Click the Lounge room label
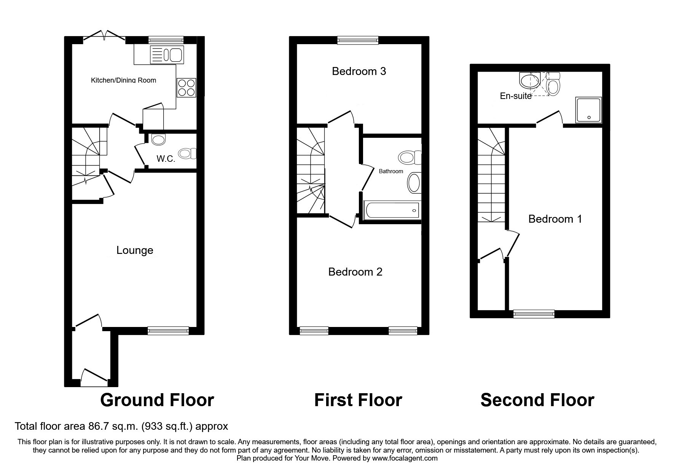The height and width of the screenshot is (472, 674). click(135, 250)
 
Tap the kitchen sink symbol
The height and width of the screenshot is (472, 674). click(167, 54)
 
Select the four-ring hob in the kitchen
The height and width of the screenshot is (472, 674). click(186, 88)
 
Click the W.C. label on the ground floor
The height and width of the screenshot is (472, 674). click(166, 159)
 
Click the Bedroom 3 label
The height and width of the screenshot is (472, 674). click(359, 71)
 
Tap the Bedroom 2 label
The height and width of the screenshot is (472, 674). click(355, 272)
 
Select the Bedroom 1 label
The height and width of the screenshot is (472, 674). click(555, 219)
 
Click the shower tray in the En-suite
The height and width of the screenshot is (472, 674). click(588, 110)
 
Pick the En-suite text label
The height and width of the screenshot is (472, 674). click(515, 96)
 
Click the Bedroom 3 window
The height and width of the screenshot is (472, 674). click(358, 40)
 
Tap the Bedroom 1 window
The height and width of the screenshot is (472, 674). click(534, 314)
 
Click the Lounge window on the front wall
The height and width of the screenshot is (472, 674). click(168, 331)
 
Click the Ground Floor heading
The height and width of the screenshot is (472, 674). click(157, 400)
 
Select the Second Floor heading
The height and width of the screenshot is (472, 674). click(537, 400)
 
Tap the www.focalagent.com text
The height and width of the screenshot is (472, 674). click(405, 458)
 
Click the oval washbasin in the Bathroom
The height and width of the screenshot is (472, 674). click(413, 183)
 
